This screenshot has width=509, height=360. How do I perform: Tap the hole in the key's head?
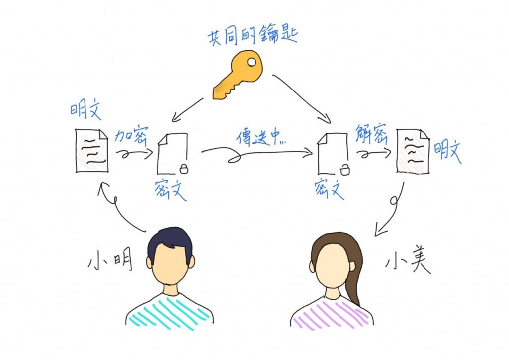[x=252, y=63]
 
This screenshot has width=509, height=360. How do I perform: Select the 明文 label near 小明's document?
[x=85, y=110]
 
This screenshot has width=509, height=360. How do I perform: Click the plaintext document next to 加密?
[x=92, y=150]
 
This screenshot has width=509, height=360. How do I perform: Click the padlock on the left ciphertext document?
[x=184, y=169]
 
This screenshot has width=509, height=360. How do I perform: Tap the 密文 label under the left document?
[x=170, y=189]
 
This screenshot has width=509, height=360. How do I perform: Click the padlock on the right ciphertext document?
[x=344, y=170]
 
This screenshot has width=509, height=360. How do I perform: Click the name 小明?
[x=110, y=261]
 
